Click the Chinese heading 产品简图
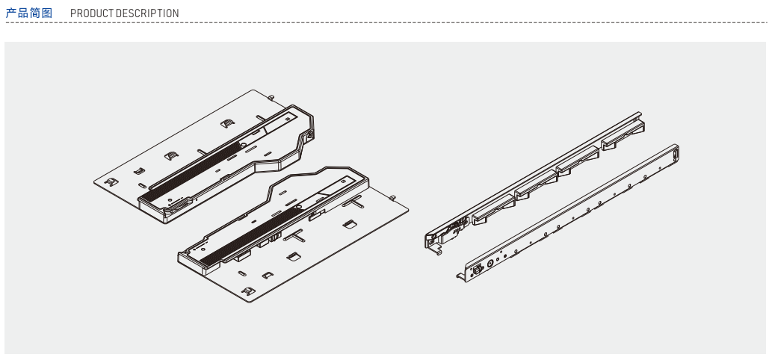click(x=29, y=13)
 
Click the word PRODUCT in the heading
click(x=91, y=13)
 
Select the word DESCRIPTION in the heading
click(x=147, y=13)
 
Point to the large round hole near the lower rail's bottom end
click(x=490, y=262)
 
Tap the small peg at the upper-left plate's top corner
click(x=271, y=96)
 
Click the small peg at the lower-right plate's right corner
click(x=392, y=197)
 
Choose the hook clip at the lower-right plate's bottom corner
click(x=247, y=290)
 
